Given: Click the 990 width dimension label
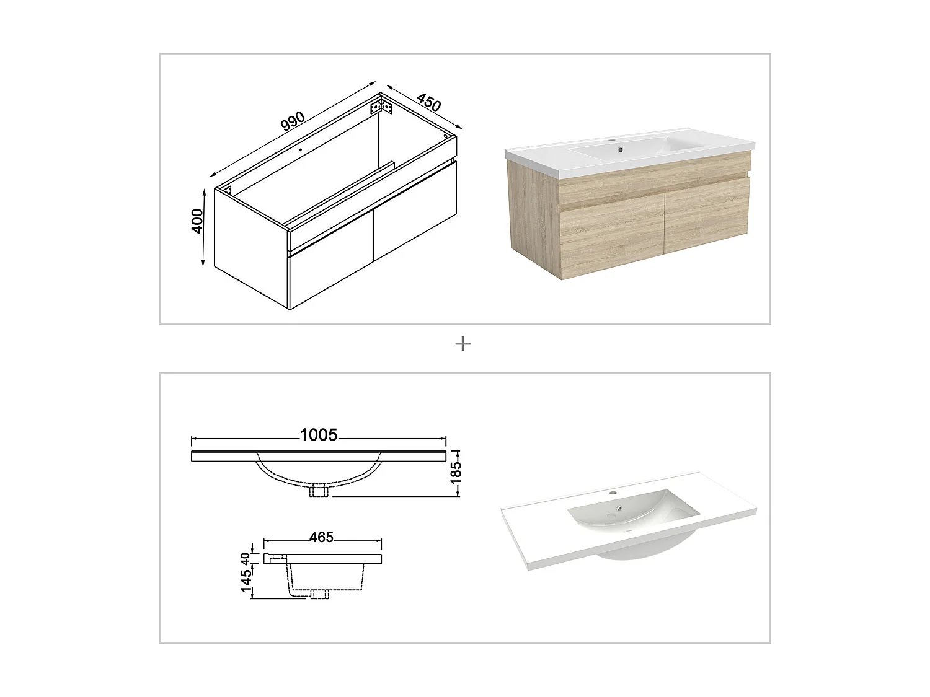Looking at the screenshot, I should click(x=293, y=121).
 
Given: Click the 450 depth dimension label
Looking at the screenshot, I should click(x=428, y=102).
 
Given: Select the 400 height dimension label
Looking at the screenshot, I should click(x=197, y=221).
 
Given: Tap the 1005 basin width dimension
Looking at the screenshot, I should click(x=319, y=435).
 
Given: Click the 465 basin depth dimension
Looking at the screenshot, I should click(x=322, y=537).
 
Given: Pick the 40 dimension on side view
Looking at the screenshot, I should click(x=246, y=558).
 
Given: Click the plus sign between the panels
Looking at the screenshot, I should click(x=463, y=343).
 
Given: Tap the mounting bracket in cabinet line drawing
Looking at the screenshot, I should click(x=381, y=107).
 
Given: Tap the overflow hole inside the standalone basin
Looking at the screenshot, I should click(x=618, y=509).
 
